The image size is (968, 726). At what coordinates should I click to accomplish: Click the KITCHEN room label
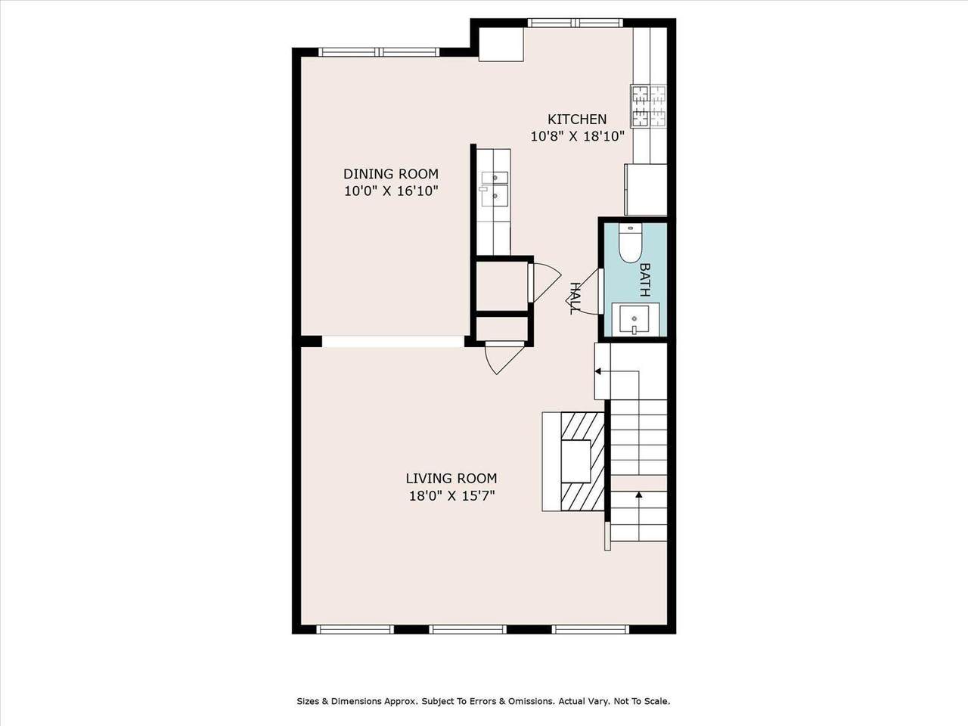(577, 119)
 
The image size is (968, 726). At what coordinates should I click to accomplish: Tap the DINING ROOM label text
(391, 174)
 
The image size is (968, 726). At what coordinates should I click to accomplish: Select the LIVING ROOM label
(451, 478)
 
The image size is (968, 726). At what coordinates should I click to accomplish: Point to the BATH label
(645, 280)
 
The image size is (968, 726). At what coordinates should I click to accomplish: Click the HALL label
(575, 299)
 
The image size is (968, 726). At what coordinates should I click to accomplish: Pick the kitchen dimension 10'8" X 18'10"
(577, 136)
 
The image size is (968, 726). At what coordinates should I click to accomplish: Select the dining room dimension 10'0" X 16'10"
(391, 191)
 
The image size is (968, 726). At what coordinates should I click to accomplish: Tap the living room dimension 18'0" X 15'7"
(451, 496)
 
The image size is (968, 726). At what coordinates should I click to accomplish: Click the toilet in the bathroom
(631, 244)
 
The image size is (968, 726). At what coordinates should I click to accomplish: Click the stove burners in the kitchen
(649, 107)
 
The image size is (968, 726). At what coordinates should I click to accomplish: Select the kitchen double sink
(495, 190)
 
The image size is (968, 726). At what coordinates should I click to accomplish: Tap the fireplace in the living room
(574, 461)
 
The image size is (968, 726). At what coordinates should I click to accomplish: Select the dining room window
(379, 52)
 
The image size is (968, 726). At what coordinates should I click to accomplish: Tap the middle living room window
(468, 629)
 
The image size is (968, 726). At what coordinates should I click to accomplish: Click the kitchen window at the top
(576, 23)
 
